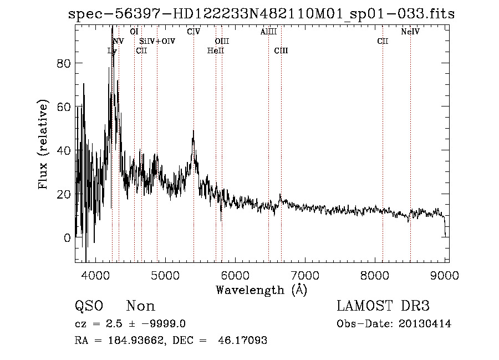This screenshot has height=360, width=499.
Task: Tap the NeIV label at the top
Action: pos(410,32)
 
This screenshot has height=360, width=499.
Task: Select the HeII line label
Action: pos(215,51)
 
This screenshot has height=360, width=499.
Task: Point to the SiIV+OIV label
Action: pos(157,42)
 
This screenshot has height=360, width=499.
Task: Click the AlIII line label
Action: pos(268,32)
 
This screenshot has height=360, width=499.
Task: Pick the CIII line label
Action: pos(281,51)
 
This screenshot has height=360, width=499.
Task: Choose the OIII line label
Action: pos(222,42)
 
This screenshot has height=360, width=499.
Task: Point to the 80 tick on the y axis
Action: pos(65,63)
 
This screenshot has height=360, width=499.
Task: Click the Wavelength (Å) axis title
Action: pos(261,290)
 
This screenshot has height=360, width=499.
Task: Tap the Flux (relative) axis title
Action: pos(43,145)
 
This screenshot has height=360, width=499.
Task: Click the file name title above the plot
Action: pos(261,14)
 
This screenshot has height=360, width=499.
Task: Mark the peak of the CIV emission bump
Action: pos(193,131)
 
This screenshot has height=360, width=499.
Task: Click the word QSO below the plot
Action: pos(89,306)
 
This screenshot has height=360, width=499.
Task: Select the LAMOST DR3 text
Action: pos(383,306)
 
